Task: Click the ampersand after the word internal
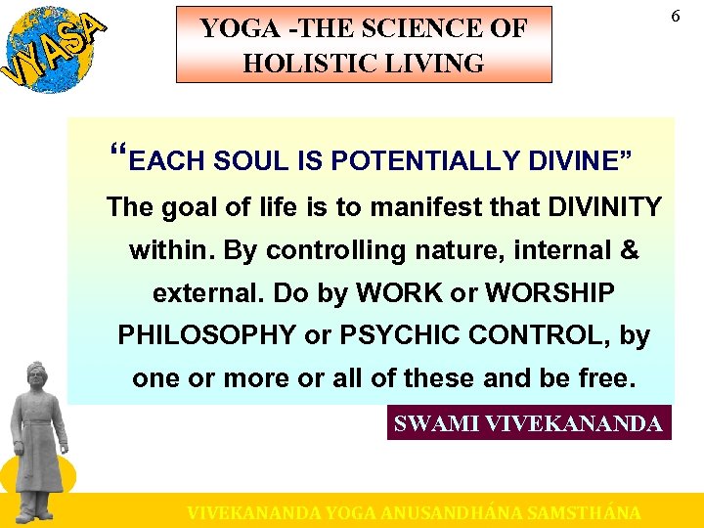(630, 250)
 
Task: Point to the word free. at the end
(605, 378)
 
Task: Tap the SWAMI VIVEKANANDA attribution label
(529, 423)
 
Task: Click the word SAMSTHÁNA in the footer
(583, 512)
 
